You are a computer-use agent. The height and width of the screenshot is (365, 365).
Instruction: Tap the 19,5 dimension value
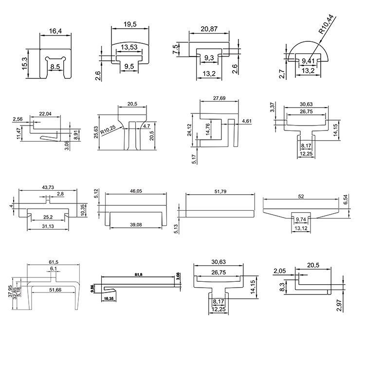click(128, 24)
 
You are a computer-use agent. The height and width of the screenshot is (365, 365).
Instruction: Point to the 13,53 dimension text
click(129, 47)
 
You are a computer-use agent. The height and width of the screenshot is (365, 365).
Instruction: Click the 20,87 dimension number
click(208, 29)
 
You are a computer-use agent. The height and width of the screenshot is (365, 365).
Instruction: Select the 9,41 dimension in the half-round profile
click(309, 60)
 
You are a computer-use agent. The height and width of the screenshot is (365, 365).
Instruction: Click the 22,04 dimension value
click(45, 113)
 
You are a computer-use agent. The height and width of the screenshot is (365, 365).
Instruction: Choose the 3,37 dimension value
click(273, 107)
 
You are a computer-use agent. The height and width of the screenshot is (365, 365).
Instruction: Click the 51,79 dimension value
click(220, 192)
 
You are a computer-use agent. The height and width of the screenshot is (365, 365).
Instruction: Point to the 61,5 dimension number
click(54, 262)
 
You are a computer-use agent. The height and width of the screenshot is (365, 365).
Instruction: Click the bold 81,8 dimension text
click(139, 274)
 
